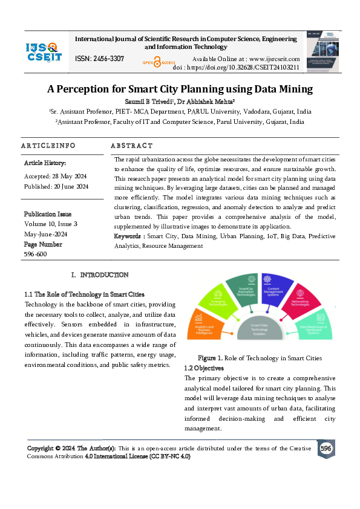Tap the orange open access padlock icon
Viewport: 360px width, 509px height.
[x=157, y=61]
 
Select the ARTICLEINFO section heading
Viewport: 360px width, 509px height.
[x=48, y=146]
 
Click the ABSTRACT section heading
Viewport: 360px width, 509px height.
[x=132, y=146]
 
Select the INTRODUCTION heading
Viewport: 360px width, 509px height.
[x=103, y=275]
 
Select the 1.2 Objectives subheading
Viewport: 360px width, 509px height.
[x=204, y=368]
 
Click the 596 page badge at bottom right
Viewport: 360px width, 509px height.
[x=326, y=449]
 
